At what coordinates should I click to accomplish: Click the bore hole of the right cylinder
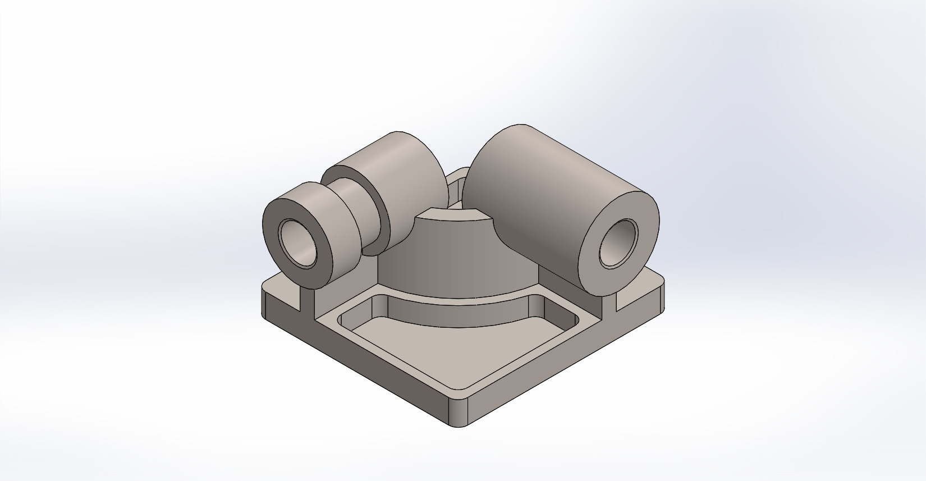click(619, 244)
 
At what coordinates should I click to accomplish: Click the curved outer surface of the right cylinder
click(539, 185)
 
